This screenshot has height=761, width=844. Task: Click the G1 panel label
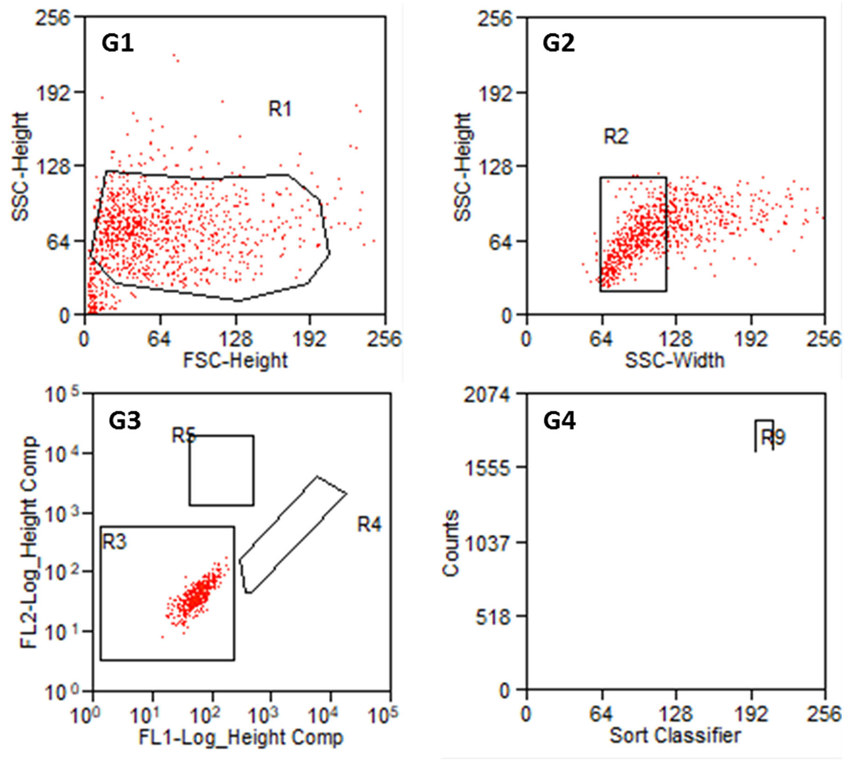[x=117, y=43]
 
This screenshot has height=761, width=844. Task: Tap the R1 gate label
[x=280, y=109]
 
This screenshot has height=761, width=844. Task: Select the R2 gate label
[x=616, y=137]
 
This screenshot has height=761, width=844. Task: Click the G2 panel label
[x=558, y=43]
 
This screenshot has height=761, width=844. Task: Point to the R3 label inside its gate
[x=114, y=542]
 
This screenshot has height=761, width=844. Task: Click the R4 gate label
[x=369, y=525]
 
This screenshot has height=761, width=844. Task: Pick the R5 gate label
[x=183, y=435]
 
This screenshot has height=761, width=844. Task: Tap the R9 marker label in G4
[x=773, y=437]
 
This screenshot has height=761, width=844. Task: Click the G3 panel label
[x=125, y=421]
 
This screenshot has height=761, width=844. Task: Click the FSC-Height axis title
[x=235, y=360]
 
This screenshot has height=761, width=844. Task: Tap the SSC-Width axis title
[x=674, y=360]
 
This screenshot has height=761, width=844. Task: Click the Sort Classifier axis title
[x=675, y=735]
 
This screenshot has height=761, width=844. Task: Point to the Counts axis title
[x=451, y=543]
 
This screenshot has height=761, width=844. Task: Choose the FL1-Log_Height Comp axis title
[x=241, y=737]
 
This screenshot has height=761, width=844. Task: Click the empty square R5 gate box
[x=221, y=471]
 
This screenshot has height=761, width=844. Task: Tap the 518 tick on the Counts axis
[x=492, y=618]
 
